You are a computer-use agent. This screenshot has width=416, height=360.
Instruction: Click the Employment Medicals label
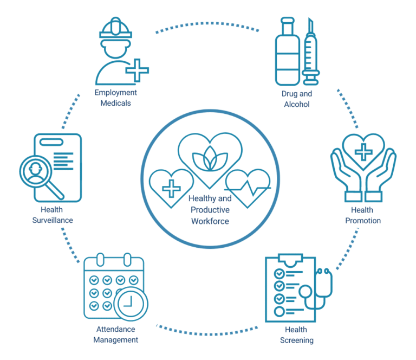[116, 98]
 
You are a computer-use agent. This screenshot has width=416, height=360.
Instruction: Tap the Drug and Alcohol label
[296, 99]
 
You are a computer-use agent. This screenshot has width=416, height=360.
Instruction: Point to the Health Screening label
[296, 335]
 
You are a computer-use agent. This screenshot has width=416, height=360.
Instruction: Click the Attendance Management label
[115, 334]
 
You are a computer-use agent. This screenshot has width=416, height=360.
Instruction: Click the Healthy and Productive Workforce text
[210, 210]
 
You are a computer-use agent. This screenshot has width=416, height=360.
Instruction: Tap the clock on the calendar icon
[131, 303]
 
